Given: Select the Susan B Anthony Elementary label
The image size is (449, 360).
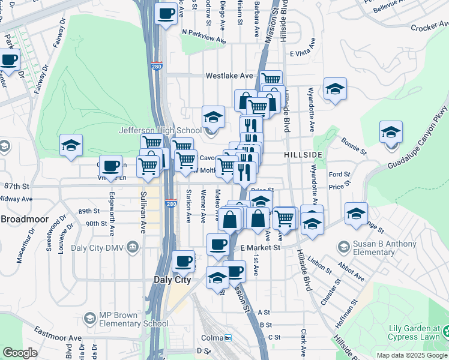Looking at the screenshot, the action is (x=384, y=248).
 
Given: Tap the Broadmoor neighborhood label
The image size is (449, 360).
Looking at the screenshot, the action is (x=24, y=219).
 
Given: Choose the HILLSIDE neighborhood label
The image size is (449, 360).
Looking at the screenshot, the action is (x=303, y=155).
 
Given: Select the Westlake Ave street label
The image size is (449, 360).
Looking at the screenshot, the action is (x=229, y=76).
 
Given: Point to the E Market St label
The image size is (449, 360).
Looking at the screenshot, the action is (x=261, y=247).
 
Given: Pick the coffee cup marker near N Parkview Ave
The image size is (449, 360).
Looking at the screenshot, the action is (x=166, y=13).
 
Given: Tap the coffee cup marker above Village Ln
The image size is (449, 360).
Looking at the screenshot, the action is (x=109, y=166).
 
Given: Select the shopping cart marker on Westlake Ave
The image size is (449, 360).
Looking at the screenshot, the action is (x=271, y=79).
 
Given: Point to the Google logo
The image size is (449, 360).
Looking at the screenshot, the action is (x=20, y=353).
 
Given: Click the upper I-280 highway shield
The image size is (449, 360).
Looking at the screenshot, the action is (x=157, y=66).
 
